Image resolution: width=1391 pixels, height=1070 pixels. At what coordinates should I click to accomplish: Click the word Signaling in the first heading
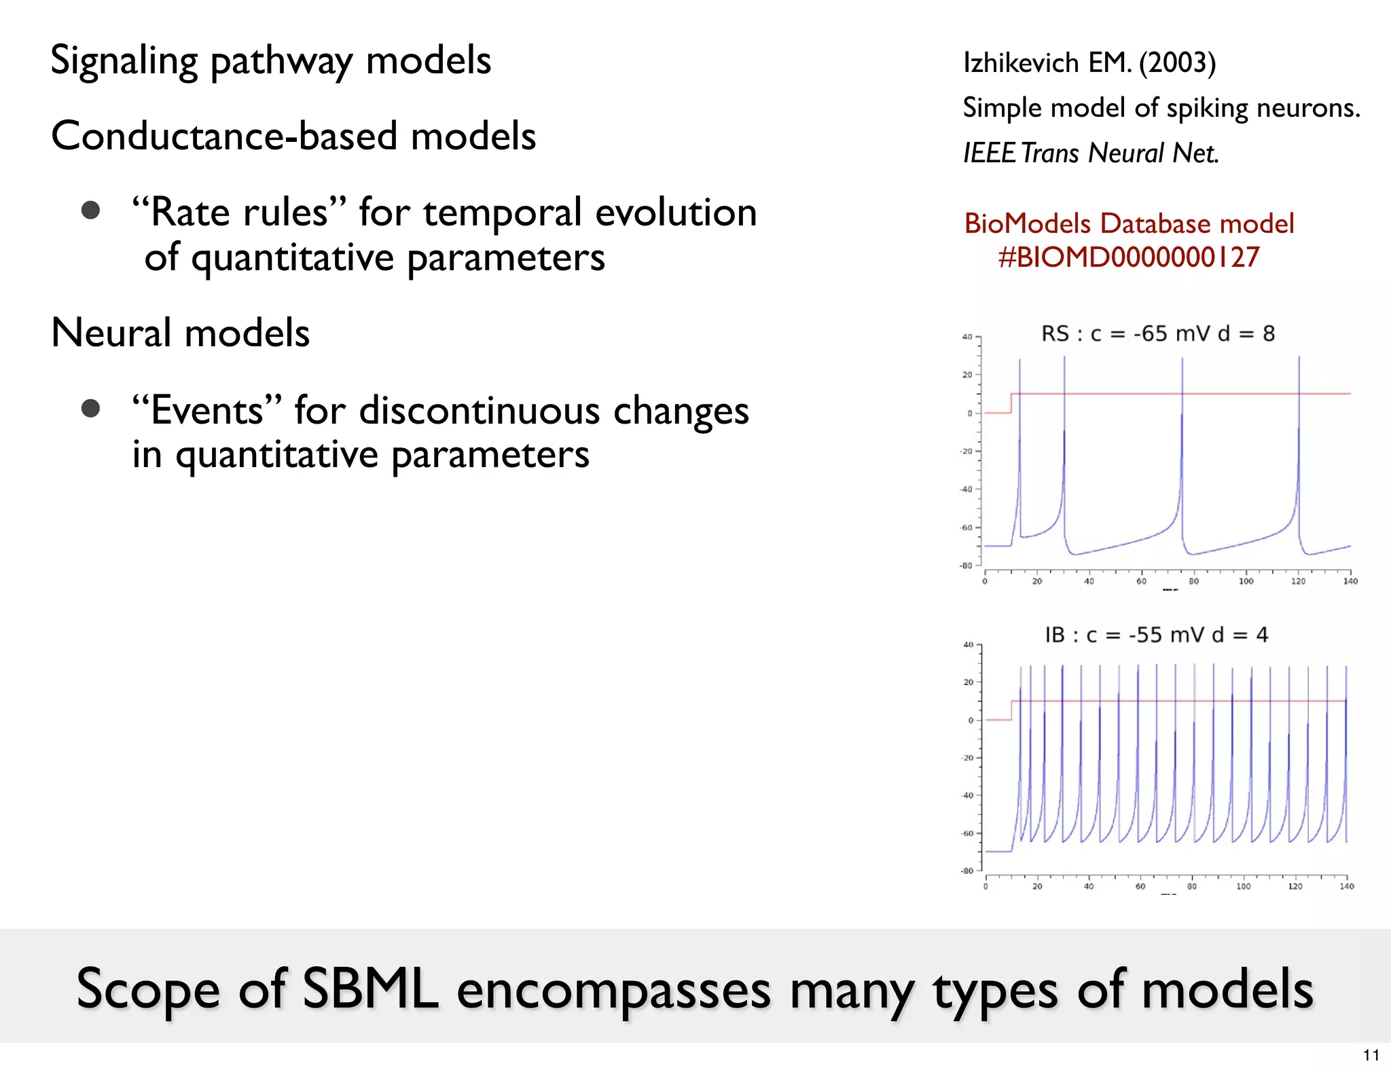coord(124,61)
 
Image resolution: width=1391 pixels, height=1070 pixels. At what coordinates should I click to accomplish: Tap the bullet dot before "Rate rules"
coord(90,210)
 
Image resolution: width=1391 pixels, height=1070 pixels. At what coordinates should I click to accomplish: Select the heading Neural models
coord(180,333)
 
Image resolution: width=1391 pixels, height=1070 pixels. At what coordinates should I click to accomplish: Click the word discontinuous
coord(480,411)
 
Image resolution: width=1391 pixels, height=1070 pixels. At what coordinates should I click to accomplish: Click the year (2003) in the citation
coord(1177,62)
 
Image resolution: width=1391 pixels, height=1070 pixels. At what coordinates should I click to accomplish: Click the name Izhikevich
coord(1021,62)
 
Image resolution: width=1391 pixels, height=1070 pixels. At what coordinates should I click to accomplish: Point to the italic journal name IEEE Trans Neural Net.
coord(1091,153)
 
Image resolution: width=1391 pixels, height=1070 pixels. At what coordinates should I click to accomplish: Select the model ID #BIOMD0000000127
coord(1129,257)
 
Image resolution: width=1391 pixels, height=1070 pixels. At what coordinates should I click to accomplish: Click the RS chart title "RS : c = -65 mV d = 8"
coord(1158,334)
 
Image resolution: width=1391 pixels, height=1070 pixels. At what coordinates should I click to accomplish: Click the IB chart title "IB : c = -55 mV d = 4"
coord(1156,635)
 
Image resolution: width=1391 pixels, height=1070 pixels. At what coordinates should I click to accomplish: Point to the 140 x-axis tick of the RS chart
coord(1350,581)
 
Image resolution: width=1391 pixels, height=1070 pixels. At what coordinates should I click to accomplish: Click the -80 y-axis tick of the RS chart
coord(966,566)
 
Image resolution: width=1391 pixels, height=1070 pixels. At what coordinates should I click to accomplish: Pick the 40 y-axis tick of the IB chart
coord(968,644)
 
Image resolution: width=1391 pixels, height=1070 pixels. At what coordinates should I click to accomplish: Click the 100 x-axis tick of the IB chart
coord(1243,886)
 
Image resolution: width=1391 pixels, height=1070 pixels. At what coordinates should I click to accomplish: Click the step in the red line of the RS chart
coord(1011,403)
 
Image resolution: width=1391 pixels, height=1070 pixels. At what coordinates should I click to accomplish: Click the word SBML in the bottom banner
coord(370,989)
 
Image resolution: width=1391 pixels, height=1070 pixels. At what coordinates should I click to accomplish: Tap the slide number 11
coord(1371,1055)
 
